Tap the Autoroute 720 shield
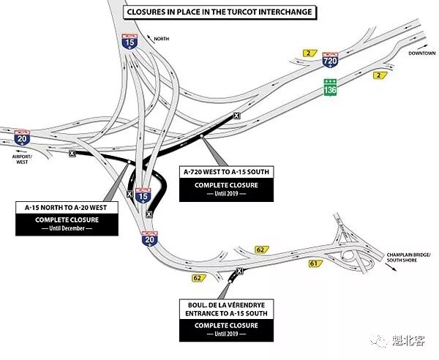[330, 62]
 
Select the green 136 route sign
[331, 86]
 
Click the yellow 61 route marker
[314, 263]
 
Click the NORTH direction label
[160, 37]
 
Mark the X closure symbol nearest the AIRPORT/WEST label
[71, 153]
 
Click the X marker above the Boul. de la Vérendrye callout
[238, 271]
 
